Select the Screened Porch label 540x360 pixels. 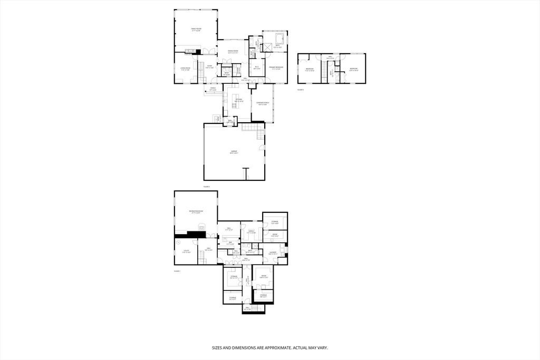tap(263, 103)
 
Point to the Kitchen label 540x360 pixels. tap(239, 100)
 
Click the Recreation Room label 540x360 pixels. tap(196, 212)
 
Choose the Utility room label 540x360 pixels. tap(186, 252)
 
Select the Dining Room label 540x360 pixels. tap(233, 52)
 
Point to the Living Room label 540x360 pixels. tap(185, 69)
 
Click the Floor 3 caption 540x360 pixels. tap(301, 90)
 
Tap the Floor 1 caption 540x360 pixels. tap(177, 271)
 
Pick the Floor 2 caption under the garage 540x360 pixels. tap(207, 187)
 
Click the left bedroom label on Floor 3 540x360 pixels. tap(310, 70)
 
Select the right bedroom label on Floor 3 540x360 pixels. tap(354, 69)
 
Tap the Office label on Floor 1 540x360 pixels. tap(251, 231)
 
